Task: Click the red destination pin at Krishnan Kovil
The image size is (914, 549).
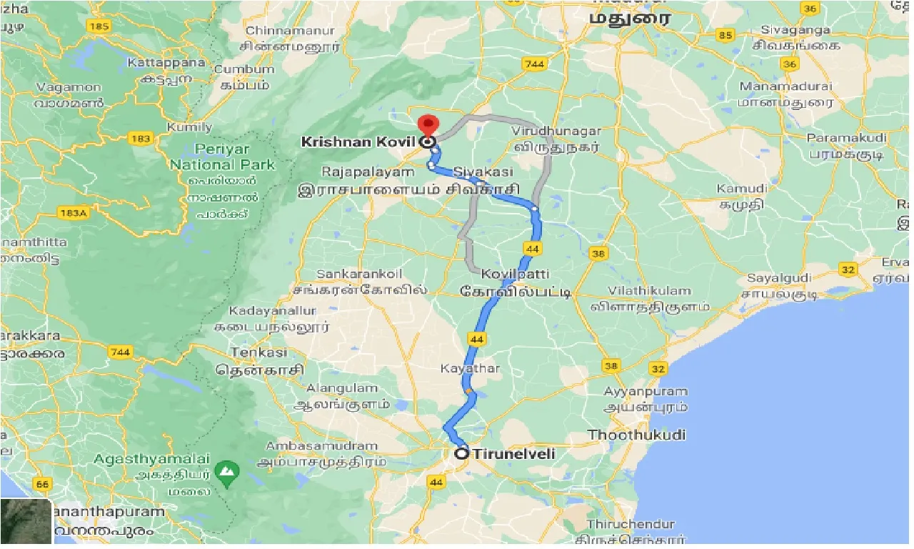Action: (x=427, y=124)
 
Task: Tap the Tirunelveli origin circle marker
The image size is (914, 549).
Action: (x=462, y=453)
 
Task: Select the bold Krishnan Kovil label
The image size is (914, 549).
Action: (x=346, y=142)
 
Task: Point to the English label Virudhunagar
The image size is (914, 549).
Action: (x=556, y=132)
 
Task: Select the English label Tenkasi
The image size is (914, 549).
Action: (x=258, y=352)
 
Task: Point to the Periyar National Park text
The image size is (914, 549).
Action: (x=222, y=157)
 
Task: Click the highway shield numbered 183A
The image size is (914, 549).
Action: (x=73, y=212)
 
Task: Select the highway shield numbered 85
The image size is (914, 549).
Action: (x=726, y=35)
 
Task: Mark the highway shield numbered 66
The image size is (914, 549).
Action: (x=42, y=485)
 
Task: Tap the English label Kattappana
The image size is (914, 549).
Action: (x=166, y=63)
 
